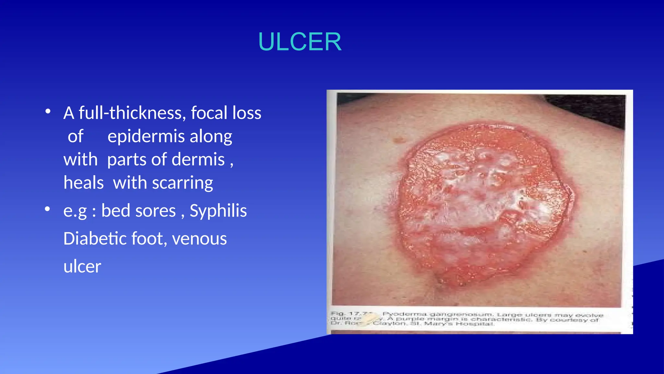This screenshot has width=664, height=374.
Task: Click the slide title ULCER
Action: pyautogui.click(x=300, y=42)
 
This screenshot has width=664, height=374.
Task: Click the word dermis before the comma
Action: pyautogui.click(x=198, y=160)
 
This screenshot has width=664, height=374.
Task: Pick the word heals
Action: pyautogui.click(x=83, y=183)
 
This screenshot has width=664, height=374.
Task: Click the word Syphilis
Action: pyautogui.click(x=218, y=211)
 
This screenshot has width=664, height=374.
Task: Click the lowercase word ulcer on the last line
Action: pyautogui.click(x=82, y=267)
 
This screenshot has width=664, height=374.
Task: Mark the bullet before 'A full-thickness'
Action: pyautogui.click(x=48, y=112)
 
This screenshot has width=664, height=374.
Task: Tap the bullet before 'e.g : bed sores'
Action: pyautogui.click(x=48, y=209)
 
